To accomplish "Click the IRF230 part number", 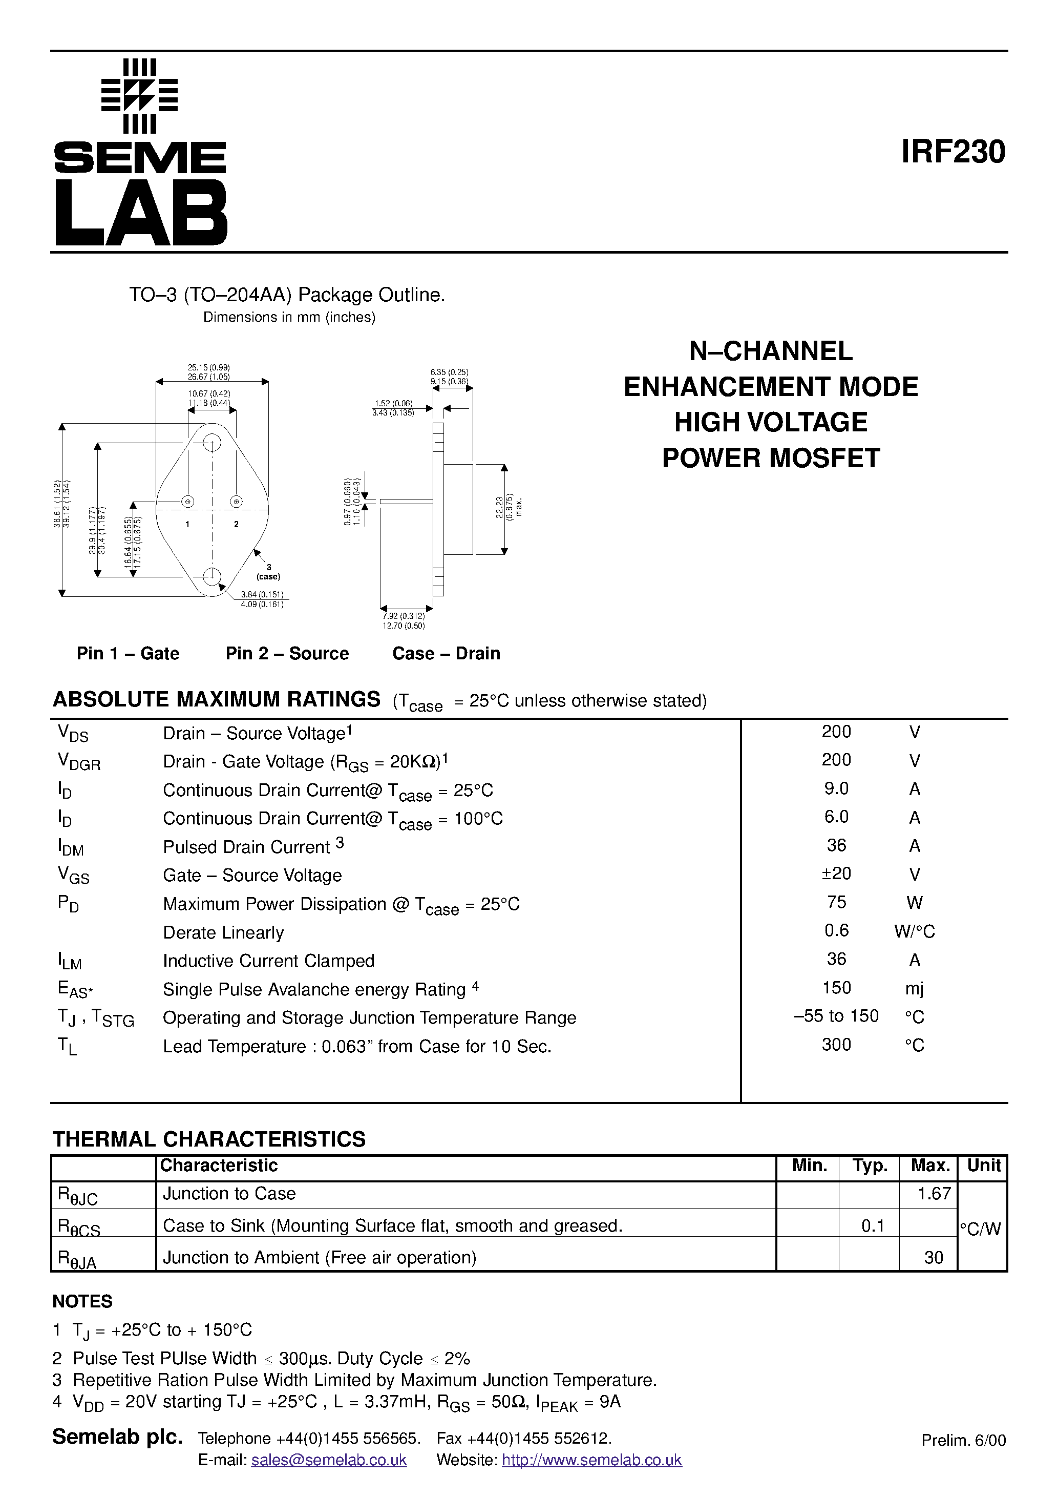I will pos(953,152).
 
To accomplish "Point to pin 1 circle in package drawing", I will pos(187,501).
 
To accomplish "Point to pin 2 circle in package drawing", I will pos(236,501).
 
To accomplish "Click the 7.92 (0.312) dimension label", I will pos(403,616).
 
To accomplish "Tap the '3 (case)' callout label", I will pos(268,572).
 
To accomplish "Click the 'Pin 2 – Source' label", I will pos(287,653).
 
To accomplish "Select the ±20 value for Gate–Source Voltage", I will pos(836,873).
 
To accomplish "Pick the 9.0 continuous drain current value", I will pos(836,789).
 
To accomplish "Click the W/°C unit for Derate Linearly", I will pos(914,932).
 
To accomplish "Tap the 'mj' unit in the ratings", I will pos(914,988).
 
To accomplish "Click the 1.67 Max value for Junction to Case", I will pos(934,1193).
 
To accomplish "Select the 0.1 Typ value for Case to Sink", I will pos(872,1226).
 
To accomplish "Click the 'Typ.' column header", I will pos(870,1166).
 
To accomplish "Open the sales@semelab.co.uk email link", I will pos(329,1460).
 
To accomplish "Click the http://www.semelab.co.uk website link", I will pos(591,1460).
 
